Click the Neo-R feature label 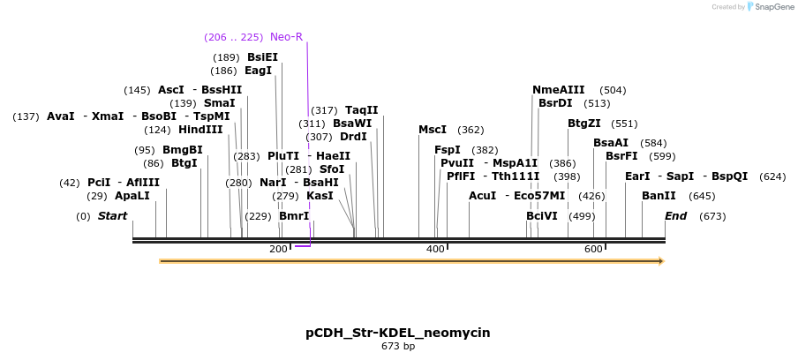tap(286, 37)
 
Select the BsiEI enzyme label tap(262, 57)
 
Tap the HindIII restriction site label tap(200, 130)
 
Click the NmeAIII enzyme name tap(558, 90)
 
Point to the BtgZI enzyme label tap(583, 124)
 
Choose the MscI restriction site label tap(433, 130)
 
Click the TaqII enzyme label tap(361, 110)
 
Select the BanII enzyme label tap(659, 195)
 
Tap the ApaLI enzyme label tap(132, 195)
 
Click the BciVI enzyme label tap(542, 216)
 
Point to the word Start tap(112, 216)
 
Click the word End tap(675, 216)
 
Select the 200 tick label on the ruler tap(278, 250)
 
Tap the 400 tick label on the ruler tap(435, 250)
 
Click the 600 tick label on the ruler tap(593, 250)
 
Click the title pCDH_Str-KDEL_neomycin tap(398, 333)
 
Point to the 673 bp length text tap(398, 347)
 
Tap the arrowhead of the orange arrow tap(659, 261)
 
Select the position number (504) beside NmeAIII tap(613, 90)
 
